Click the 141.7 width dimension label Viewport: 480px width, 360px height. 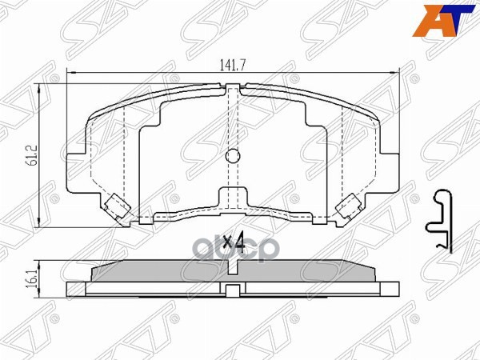click(x=232, y=67)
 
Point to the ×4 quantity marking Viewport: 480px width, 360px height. click(x=233, y=241)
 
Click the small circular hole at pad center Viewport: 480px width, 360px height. click(x=233, y=156)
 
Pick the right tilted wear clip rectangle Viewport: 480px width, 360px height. click(x=349, y=207)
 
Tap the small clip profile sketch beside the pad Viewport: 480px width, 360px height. click(x=439, y=220)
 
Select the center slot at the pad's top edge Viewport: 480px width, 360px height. click(x=233, y=90)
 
